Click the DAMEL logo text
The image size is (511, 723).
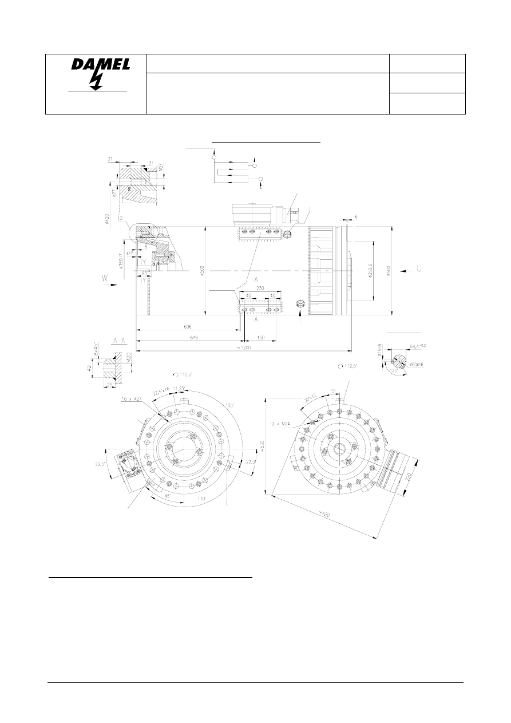(101, 66)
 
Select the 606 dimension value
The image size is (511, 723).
(188, 326)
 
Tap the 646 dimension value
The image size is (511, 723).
(188, 338)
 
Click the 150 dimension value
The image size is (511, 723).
(261, 338)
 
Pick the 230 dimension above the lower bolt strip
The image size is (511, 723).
(260, 289)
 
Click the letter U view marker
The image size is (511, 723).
(420, 268)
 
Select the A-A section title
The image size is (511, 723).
(120, 340)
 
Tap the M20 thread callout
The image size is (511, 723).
(129, 358)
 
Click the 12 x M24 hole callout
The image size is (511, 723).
(280, 424)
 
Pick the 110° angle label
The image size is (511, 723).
(202, 499)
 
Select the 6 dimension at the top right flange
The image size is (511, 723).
(355, 217)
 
